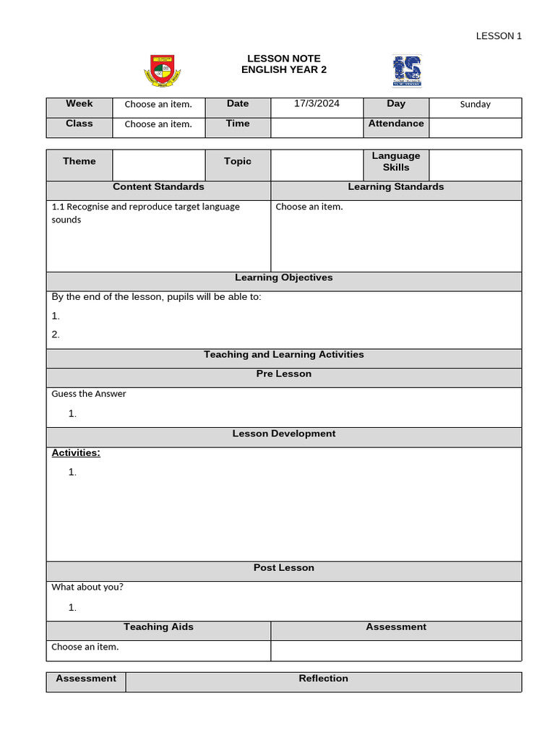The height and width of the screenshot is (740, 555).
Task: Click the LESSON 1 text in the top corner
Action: (x=498, y=36)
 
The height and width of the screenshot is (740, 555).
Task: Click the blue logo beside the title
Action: (x=407, y=71)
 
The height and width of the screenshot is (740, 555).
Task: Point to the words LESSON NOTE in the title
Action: (x=283, y=59)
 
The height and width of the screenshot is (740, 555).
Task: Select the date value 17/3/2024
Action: (x=317, y=103)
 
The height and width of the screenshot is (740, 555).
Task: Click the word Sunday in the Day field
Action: (x=475, y=104)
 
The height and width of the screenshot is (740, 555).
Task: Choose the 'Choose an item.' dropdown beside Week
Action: (x=158, y=104)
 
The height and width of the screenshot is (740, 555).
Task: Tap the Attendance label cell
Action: (x=396, y=124)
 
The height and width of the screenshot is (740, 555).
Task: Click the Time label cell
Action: (x=238, y=124)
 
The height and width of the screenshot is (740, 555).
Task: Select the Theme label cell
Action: (x=79, y=161)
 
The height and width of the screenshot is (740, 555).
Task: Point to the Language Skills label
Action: (x=396, y=161)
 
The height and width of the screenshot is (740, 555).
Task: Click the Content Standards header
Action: (x=158, y=187)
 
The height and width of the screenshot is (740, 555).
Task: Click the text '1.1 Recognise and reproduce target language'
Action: (x=146, y=207)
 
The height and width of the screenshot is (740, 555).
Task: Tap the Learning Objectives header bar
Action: (x=283, y=278)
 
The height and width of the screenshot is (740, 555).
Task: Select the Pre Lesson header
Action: (x=283, y=374)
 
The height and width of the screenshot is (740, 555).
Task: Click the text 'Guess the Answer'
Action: (x=89, y=394)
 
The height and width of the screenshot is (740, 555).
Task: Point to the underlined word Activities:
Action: (x=76, y=453)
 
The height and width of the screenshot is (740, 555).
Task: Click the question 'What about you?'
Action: (x=87, y=587)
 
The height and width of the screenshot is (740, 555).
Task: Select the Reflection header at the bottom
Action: (x=323, y=679)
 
